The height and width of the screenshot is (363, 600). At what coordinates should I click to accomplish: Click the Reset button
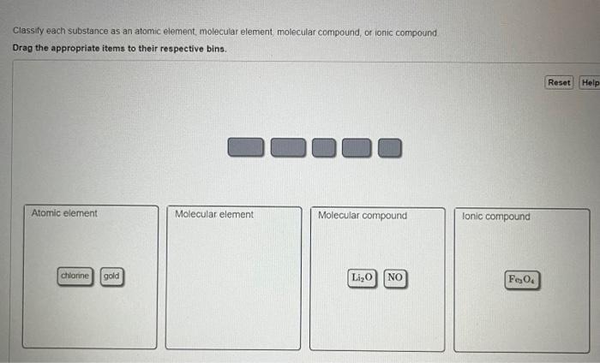(x=559, y=82)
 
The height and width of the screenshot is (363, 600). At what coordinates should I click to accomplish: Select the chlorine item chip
(x=75, y=277)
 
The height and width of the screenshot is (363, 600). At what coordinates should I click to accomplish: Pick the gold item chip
(x=111, y=277)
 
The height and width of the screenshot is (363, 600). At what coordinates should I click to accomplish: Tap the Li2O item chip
(x=362, y=277)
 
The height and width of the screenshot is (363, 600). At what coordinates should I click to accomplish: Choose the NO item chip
(x=395, y=277)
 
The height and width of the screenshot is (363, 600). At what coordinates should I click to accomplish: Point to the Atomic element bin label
(x=64, y=213)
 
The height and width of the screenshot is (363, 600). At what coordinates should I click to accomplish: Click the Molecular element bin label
(x=214, y=214)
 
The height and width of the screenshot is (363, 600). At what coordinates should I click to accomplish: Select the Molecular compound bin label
(x=363, y=215)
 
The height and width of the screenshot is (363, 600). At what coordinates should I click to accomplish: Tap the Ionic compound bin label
(x=496, y=217)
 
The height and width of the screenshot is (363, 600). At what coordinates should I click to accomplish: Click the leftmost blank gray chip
(x=246, y=148)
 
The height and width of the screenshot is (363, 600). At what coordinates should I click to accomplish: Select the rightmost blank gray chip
(x=390, y=148)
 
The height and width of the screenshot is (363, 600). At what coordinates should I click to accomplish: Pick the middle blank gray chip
(x=324, y=148)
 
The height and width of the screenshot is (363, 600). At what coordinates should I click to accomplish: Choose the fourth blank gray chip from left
(x=357, y=148)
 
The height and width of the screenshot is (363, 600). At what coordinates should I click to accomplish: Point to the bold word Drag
(x=23, y=48)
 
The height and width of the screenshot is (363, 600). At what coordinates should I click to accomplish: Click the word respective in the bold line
(x=180, y=48)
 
